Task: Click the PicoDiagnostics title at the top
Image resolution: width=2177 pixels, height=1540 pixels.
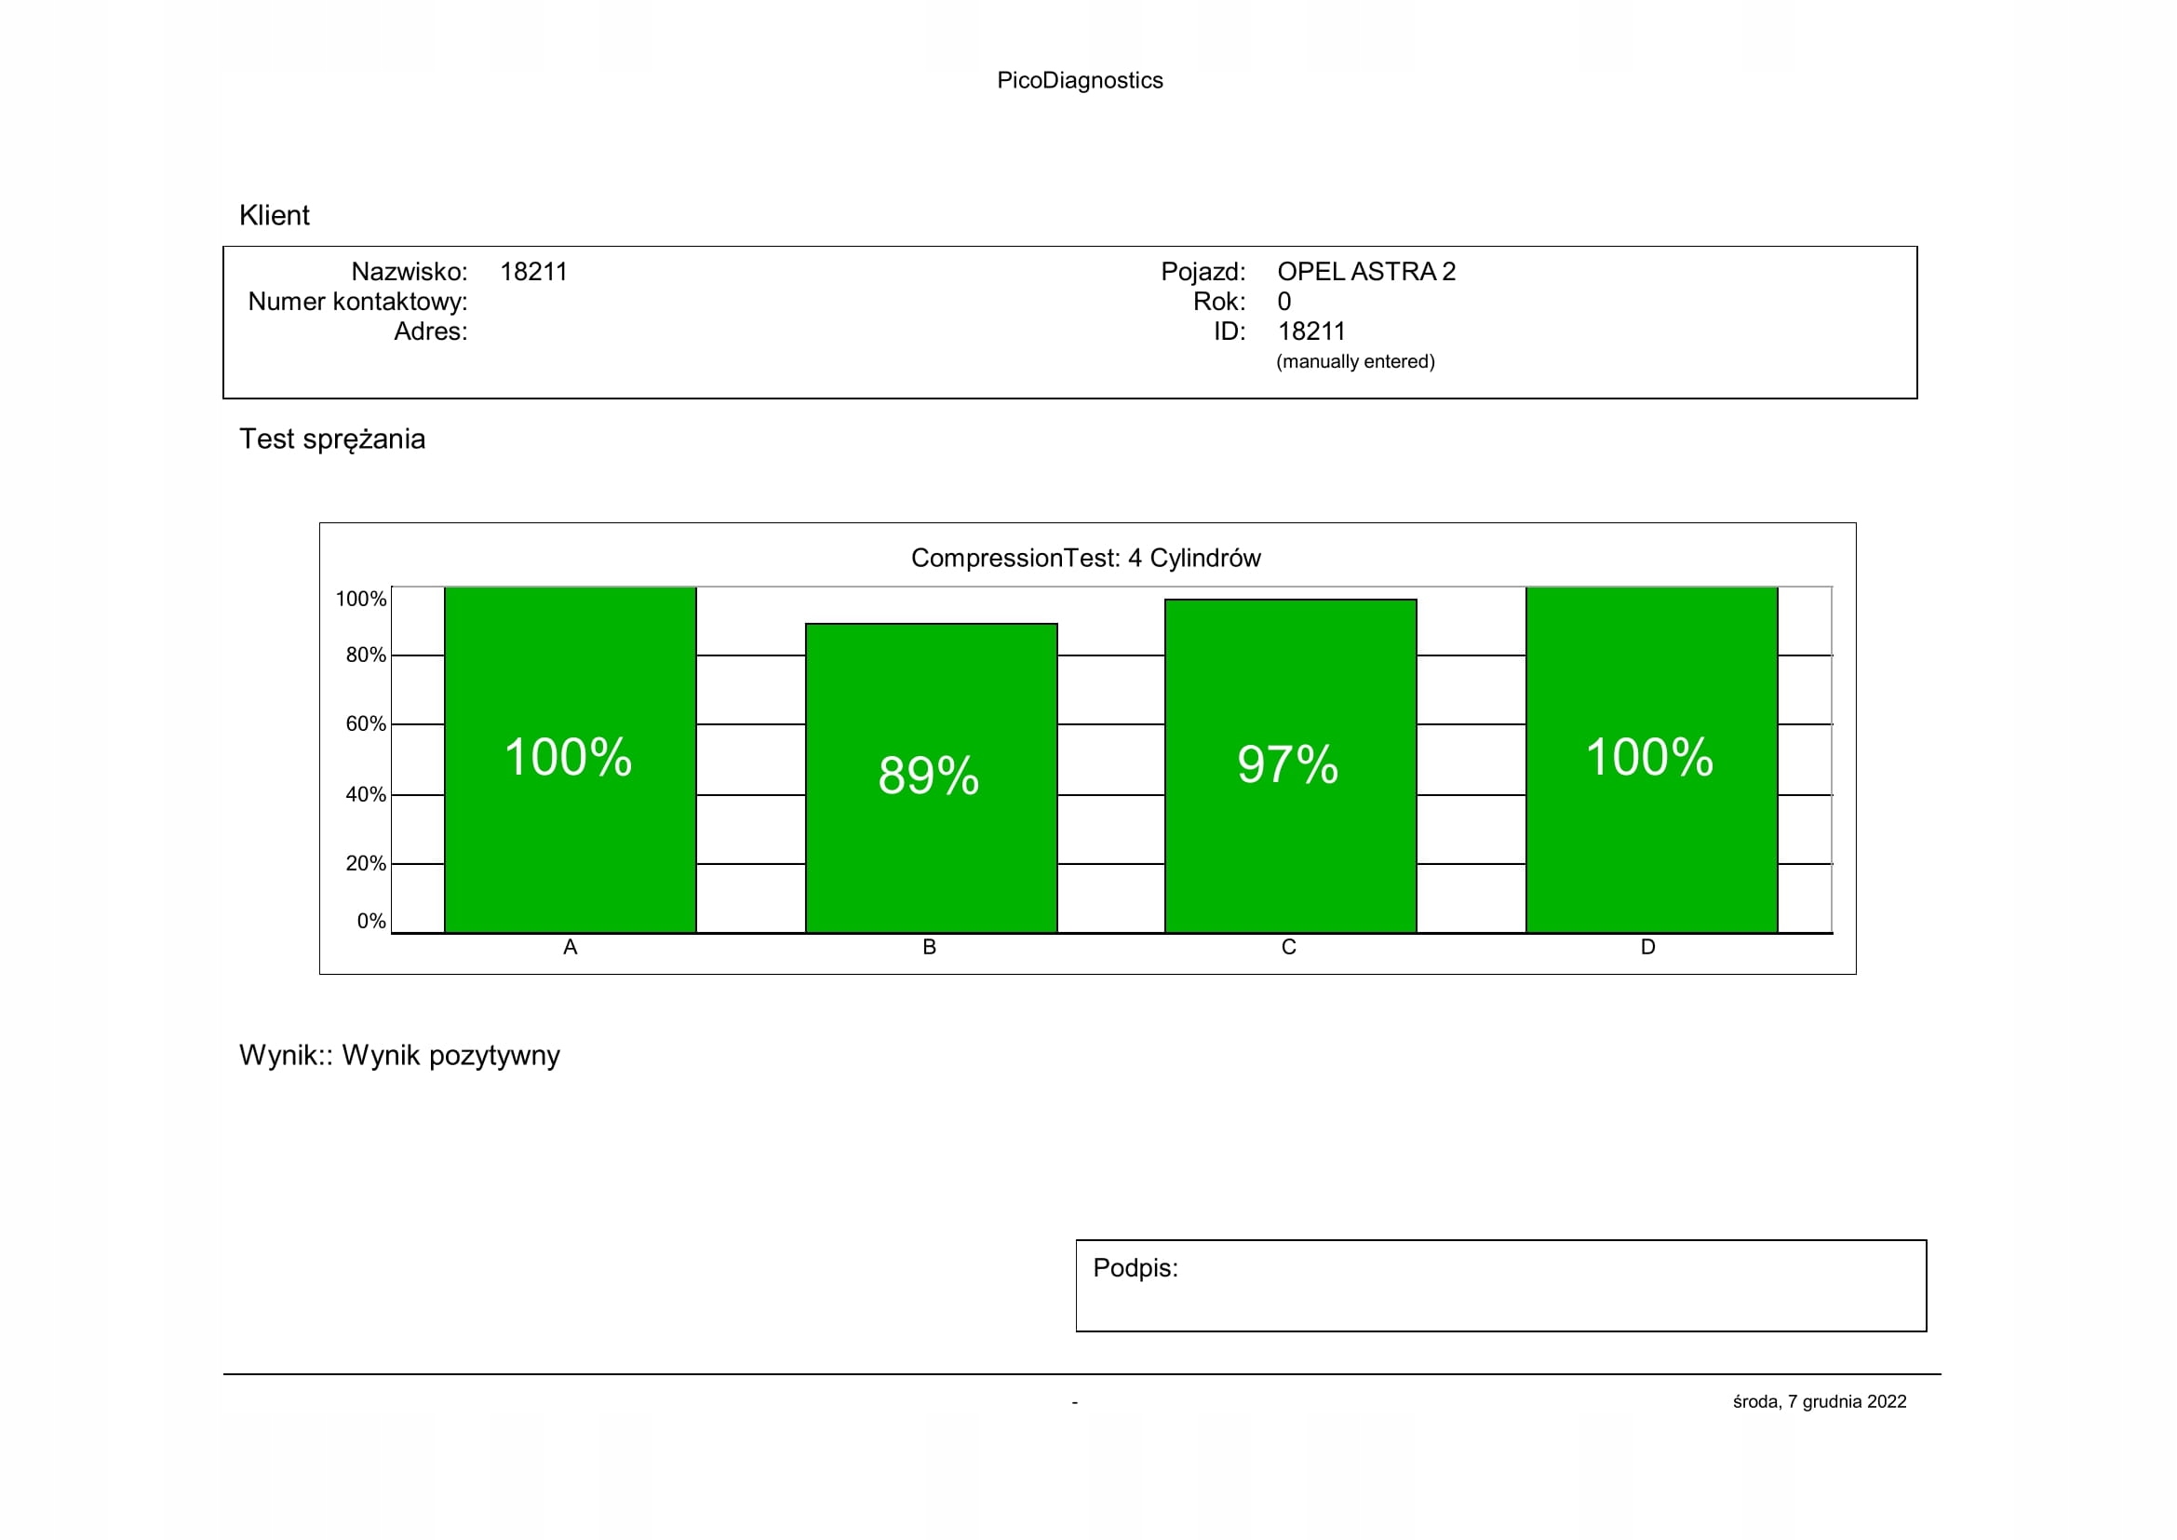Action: click(x=1079, y=81)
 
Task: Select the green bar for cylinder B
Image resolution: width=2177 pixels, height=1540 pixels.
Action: click(x=930, y=854)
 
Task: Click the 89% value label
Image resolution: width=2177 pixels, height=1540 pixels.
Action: click(x=928, y=775)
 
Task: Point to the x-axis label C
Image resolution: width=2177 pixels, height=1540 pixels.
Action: click(x=1287, y=947)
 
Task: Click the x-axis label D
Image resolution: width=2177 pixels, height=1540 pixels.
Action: click(x=1648, y=947)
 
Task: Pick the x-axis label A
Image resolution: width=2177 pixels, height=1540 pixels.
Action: click(x=570, y=947)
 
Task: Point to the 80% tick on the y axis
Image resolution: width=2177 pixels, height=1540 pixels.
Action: click(x=365, y=655)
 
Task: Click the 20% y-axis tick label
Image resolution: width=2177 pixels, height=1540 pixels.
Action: click(x=365, y=864)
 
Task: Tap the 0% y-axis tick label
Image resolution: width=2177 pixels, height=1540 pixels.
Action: click(x=370, y=921)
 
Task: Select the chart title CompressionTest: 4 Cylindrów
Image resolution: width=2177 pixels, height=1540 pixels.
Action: click(x=1085, y=558)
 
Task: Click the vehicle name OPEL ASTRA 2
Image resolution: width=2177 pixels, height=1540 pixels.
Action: click(x=1365, y=272)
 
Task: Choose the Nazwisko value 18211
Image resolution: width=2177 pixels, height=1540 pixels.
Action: click(x=533, y=272)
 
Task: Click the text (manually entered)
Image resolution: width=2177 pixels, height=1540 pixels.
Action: click(x=1355, y=361)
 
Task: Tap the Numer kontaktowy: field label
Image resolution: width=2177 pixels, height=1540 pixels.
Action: click(x=357, y=302)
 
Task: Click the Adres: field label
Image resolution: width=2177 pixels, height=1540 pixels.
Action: click(x=431, y=331)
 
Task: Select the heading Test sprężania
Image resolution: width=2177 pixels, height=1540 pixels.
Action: click(x=332, y=439)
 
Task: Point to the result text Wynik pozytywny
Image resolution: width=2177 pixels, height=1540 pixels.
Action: click(x=450, y=1056)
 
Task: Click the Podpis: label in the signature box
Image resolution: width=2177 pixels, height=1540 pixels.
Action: click(x=1135, y=1268)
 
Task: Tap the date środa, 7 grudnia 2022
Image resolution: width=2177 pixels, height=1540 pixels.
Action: click(x=1819, y=1401)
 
